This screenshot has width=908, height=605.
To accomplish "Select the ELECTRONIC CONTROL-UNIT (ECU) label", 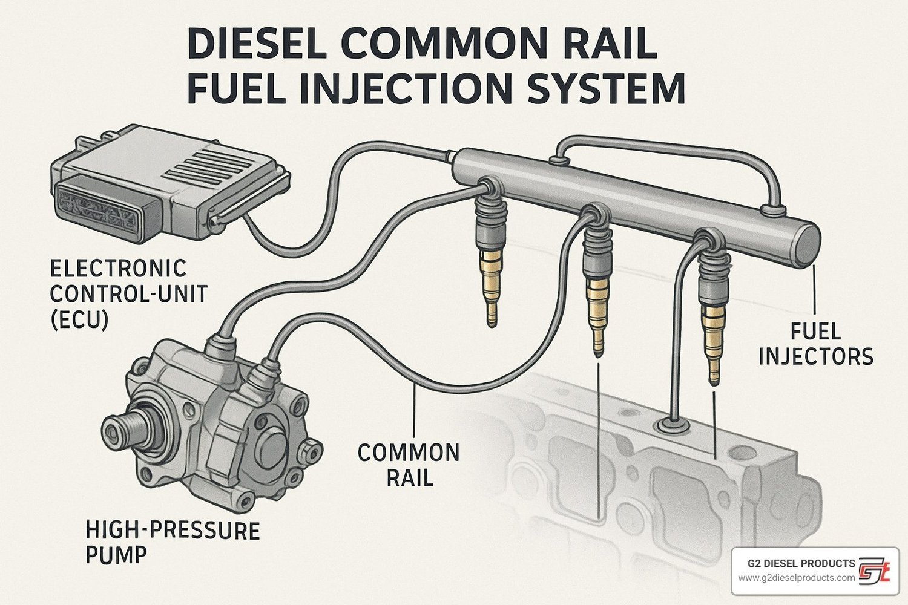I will (128, 294).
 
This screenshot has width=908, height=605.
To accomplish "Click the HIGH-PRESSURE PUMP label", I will (173, 541).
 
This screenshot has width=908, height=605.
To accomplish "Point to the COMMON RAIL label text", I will (408, 465).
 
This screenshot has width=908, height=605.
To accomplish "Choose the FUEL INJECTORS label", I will (815, 344).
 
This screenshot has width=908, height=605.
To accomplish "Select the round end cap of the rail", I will (808, 246).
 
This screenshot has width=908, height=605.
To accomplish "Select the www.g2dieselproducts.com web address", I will (796, 578).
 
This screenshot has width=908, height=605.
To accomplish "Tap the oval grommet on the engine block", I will (672, 425).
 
